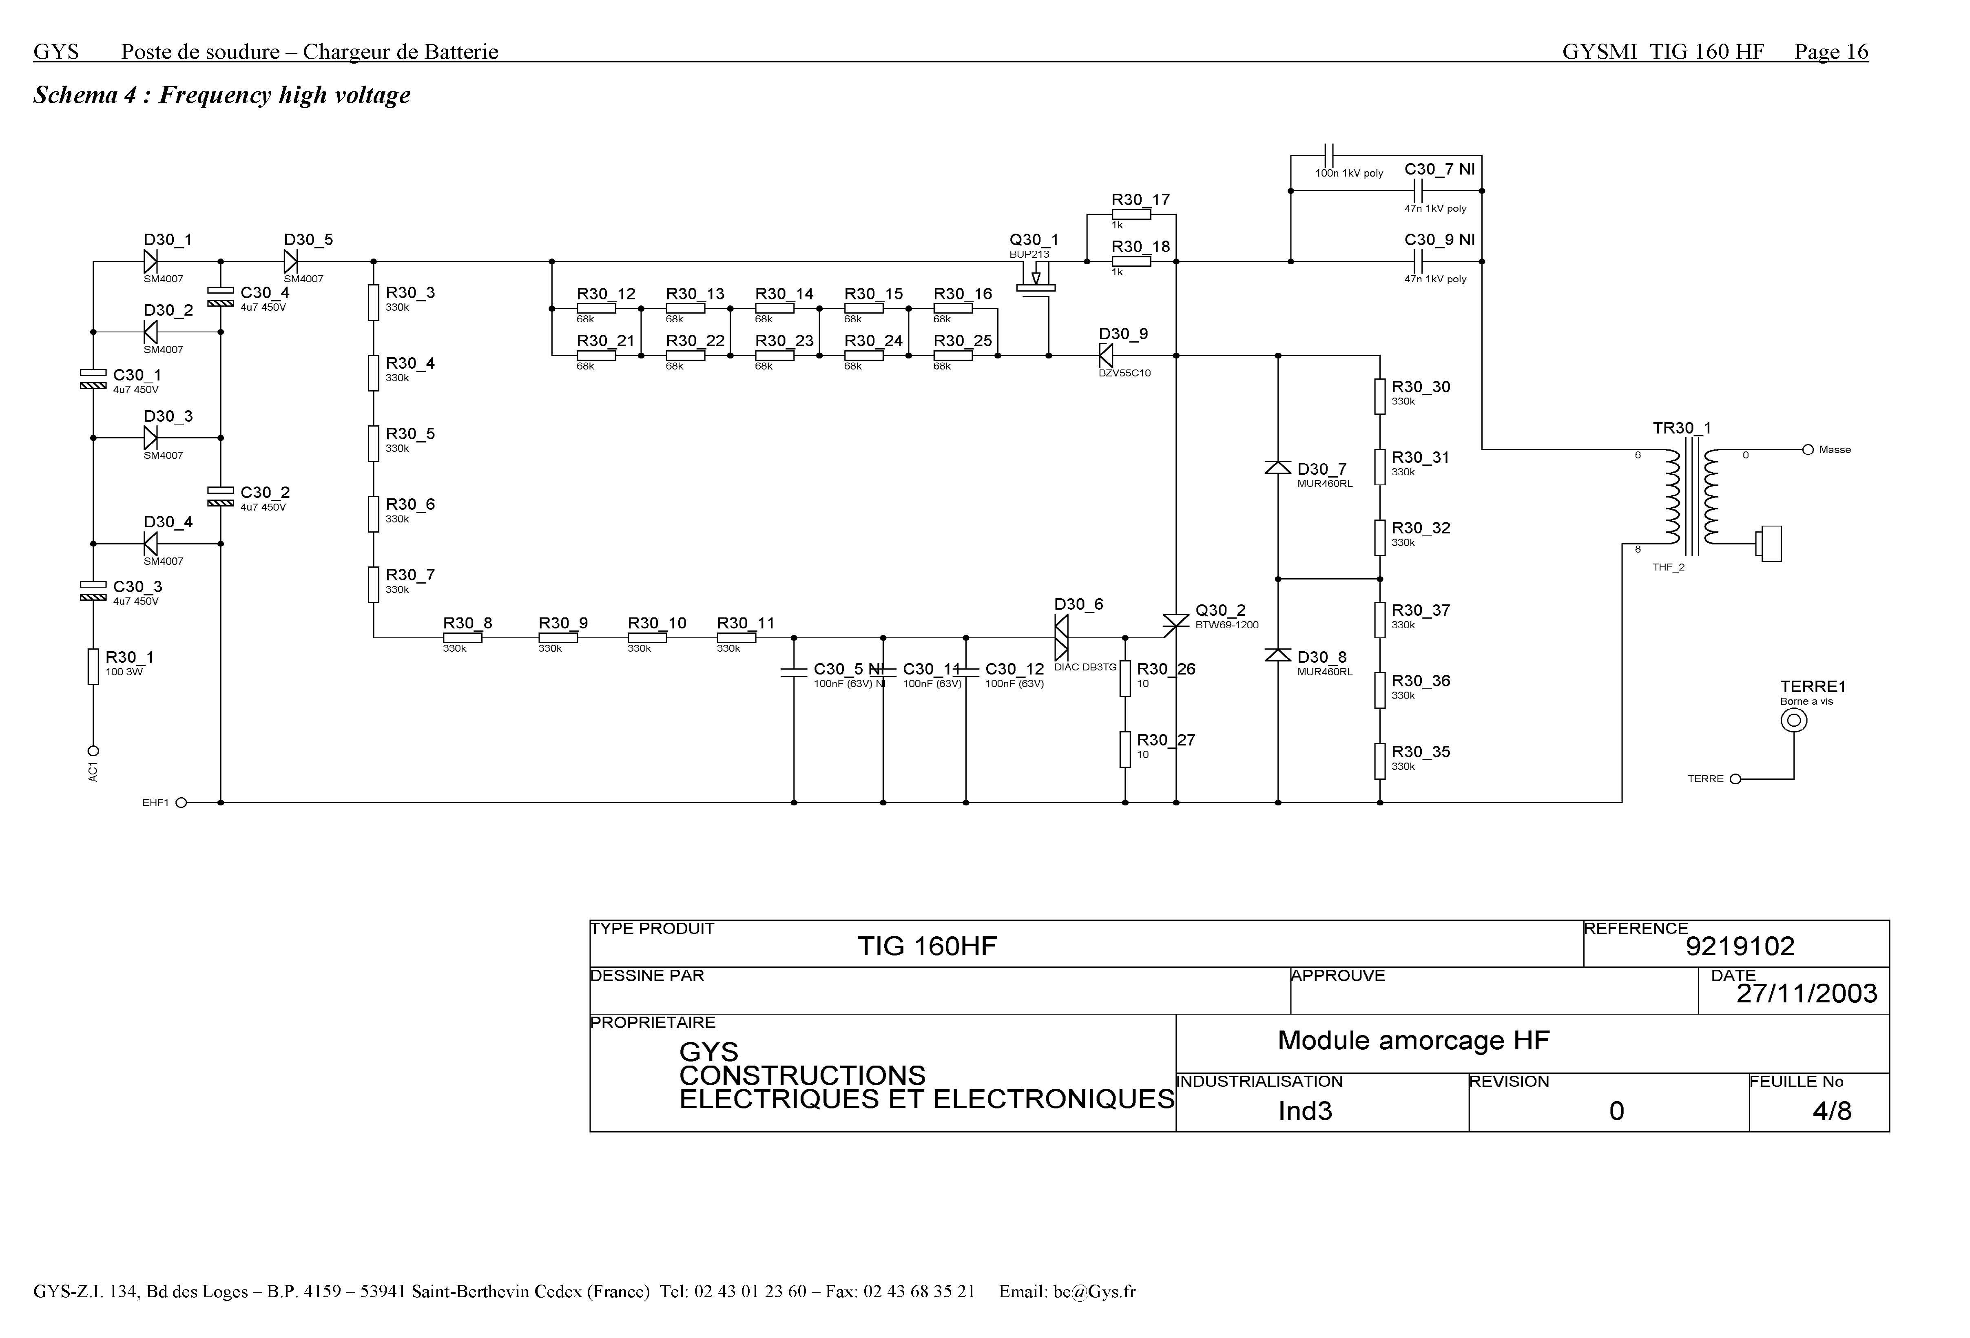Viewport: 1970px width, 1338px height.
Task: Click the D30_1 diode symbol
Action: pos(151,262)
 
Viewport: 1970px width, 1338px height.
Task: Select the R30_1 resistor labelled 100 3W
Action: pos(93,666)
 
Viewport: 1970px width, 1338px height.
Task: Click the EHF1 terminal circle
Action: pos(181,803)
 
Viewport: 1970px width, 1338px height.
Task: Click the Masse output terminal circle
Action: pos(1807,450)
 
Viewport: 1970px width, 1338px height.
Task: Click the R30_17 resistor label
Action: pos(1140,200)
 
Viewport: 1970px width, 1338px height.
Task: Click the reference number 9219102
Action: pos(1740,946)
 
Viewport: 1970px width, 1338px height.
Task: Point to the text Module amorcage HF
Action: pos(1413,1041)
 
